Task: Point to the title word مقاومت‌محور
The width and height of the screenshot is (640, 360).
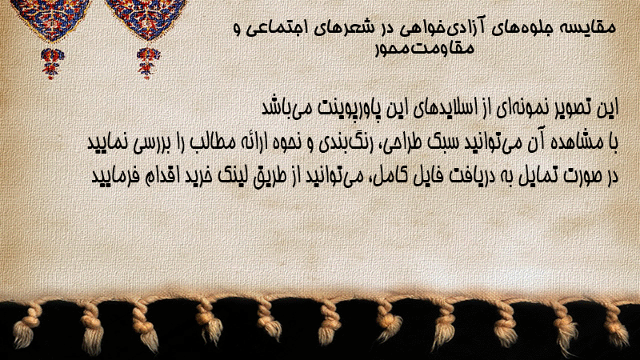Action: click(x=425, y=48)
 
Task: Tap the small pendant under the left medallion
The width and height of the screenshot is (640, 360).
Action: click(x=52, y=63)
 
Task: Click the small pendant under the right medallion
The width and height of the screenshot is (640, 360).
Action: click(x=148, y=63)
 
